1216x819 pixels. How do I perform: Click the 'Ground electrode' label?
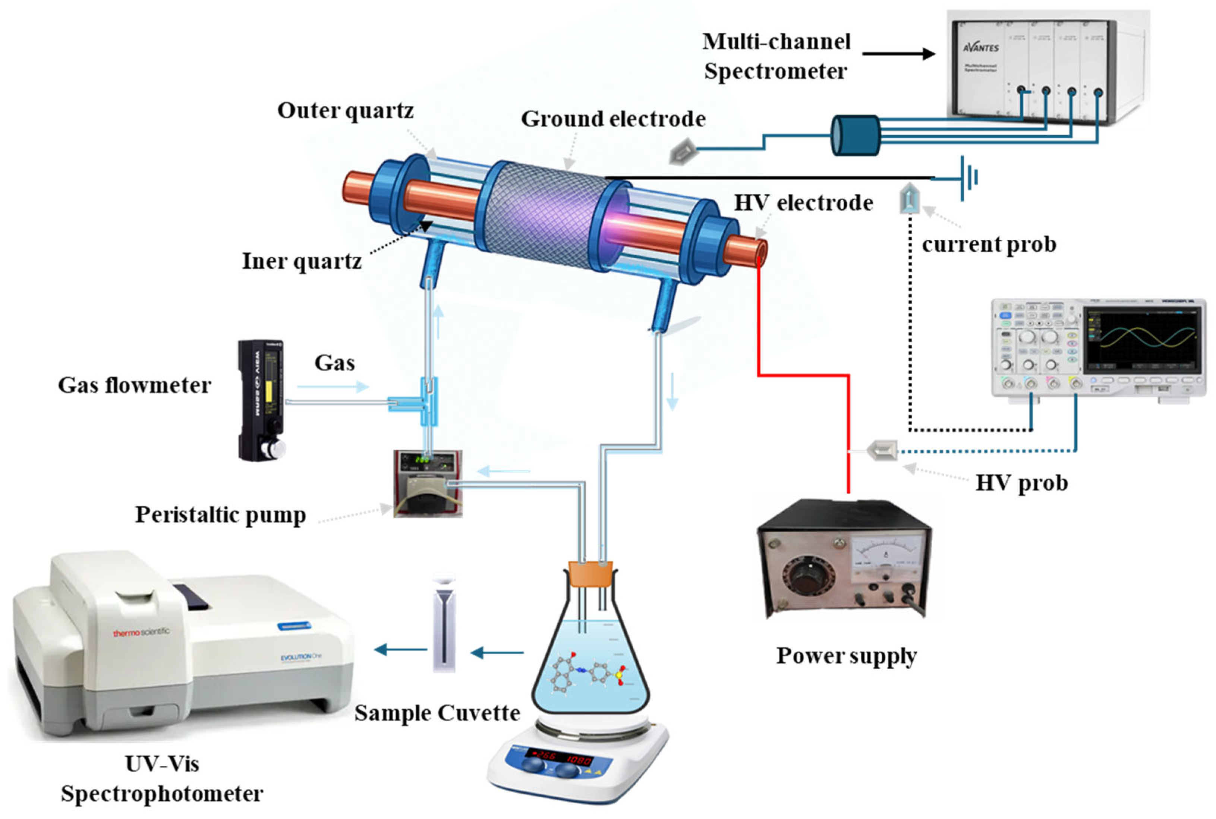[x=613, y=119]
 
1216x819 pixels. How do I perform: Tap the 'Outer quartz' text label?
[x=345, y=111]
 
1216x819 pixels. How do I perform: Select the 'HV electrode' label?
[x=803, y=203]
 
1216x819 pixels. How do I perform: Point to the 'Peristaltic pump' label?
[x=220, y=514]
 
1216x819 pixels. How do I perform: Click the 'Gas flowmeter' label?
[x=134, y=385]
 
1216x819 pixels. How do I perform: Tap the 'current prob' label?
[x=989, y=244]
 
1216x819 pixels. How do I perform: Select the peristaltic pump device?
[x=428, y=483]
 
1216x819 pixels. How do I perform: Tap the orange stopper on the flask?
[x=590, y=573]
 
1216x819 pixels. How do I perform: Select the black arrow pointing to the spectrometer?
[x=898, y=53]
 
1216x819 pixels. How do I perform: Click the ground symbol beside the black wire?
[x=968, y=177]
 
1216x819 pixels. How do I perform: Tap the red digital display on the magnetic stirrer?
[x=558, y=757]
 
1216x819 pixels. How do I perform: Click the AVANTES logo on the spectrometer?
[x=980, y=48]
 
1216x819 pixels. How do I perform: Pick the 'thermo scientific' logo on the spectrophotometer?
[x=141, y=632]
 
